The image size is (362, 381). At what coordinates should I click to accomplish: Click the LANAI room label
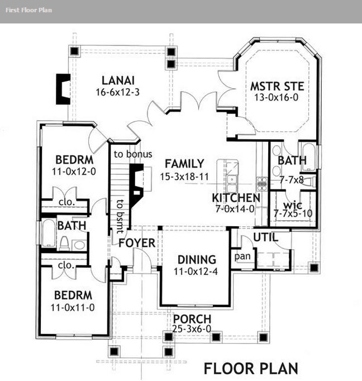click(x=118, y=80)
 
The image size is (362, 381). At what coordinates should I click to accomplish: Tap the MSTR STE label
click(x=277, y=86)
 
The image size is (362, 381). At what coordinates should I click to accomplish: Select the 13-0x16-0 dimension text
click(x=276, y=97)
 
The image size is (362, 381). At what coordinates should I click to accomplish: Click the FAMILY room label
click(x=184, y=164)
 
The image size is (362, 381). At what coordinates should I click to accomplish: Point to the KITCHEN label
click(x=236, y=198)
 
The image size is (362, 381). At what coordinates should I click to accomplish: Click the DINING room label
click(x=197, y=260)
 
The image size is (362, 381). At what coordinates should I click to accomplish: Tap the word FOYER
click(x=137, y=243)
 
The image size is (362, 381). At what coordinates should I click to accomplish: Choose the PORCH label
click(x=192, y=319)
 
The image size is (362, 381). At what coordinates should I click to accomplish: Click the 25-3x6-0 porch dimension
click(x=192, y=328)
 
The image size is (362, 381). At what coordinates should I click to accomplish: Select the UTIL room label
click(x=265, y=237)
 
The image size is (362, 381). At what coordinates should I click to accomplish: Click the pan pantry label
click(x=242, y=256)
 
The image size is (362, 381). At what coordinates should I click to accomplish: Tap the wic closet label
click(x=293, y=206)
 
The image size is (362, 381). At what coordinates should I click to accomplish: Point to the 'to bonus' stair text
click(x=133, y=154)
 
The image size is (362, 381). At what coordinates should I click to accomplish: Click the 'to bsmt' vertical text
click(x=120, y=217)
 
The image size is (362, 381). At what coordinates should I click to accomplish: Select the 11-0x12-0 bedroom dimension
click(x=74, y=172)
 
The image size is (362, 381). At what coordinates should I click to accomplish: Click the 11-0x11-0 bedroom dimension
click(x=73, y=308)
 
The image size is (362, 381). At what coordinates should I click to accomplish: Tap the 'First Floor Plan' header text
click(x=28, y=10)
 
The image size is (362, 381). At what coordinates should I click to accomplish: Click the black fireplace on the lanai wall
click(x=63, y=89)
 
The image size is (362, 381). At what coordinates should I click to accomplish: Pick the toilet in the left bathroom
click(x=64, y=243)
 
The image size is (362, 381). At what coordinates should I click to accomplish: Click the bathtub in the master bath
click(x=308, y=158)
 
